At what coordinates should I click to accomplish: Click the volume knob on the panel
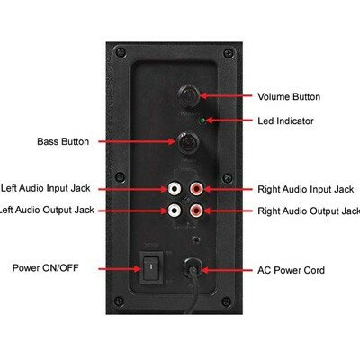click(189, 95)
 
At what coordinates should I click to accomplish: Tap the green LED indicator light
click(202, 121)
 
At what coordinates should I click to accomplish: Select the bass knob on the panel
click(187, 143)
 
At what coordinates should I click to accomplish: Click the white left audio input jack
click(175, 189)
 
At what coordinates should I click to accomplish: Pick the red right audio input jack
click(196, 189)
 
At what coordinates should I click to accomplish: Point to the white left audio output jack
click(175, 211)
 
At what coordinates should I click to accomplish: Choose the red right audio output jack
click(196, 211)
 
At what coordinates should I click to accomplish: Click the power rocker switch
click(152, 266)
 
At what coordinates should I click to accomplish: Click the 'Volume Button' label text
click(289, 96)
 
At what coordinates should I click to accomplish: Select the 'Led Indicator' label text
click(285, 121)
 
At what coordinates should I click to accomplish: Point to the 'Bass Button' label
click(63, 141)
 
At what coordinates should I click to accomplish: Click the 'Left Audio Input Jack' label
click(46, 188)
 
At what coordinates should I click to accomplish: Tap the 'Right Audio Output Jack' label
click(309, 211)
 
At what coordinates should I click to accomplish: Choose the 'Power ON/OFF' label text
click(45, 267)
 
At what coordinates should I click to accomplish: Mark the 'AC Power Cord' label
click(291, 270)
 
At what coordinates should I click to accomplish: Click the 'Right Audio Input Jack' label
click(306, 189)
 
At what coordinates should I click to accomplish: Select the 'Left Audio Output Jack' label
click(47, 210)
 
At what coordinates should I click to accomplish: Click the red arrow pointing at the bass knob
click(137, 141)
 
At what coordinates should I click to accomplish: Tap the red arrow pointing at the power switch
click(120, 269)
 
